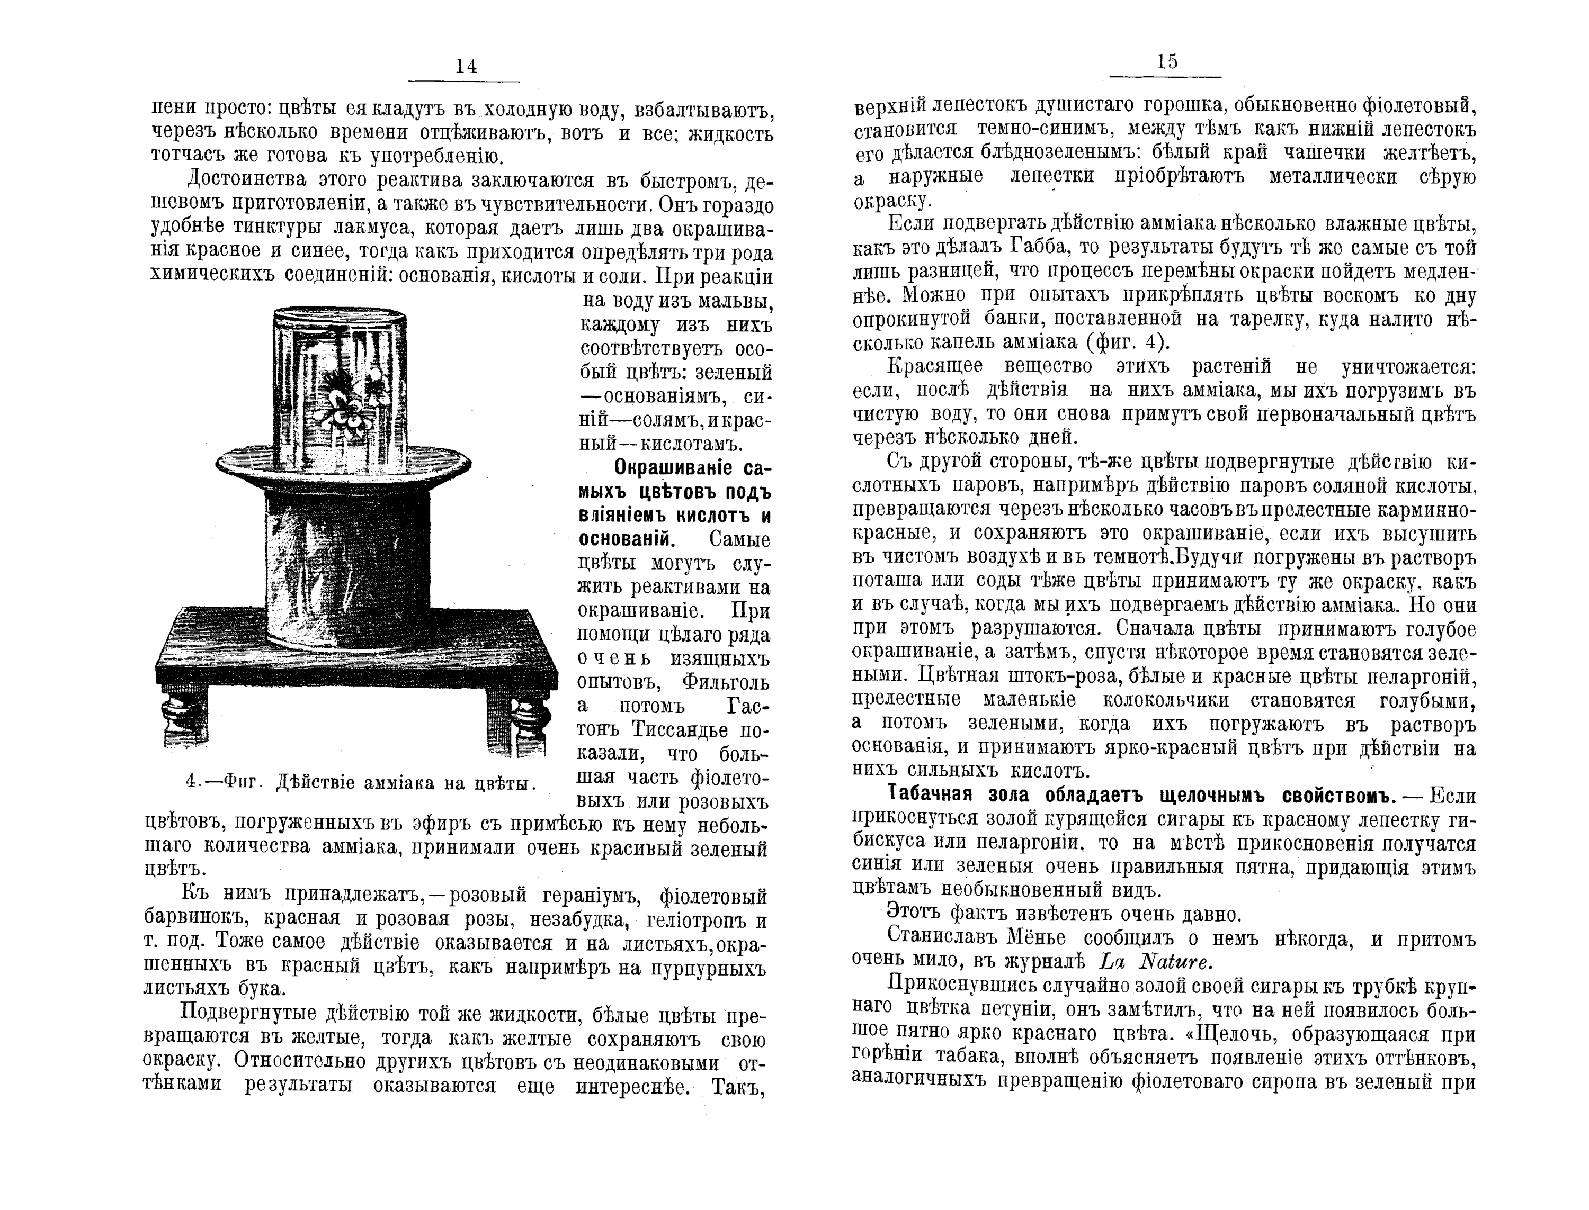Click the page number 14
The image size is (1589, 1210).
click(466, 66)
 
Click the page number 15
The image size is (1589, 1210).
click(1167, 62)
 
